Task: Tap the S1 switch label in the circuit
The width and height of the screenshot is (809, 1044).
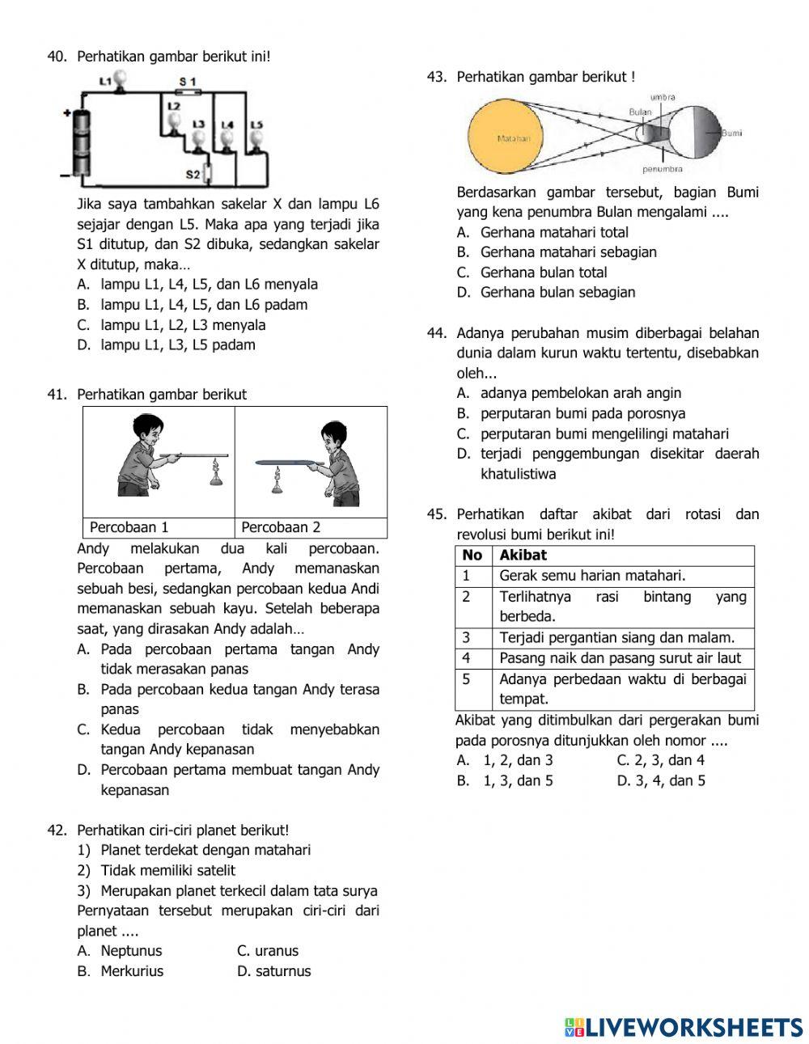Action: pos(188,81)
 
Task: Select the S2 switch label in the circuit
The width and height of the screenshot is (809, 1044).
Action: pos(193,175)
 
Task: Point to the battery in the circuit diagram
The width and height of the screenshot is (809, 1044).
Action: pos(82,143)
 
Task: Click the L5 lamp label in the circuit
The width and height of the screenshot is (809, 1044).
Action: pos(256,124)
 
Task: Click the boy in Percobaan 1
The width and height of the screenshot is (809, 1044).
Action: pos(138,454)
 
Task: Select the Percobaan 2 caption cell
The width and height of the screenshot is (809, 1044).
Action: pos(311,527)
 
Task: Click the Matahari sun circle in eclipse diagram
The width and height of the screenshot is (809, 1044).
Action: pos(514,138)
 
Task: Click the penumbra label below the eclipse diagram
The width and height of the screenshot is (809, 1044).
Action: pos(662,169)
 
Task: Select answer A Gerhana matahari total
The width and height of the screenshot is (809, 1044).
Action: pos(553,232)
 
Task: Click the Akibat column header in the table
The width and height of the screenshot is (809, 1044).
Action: pos(523,556)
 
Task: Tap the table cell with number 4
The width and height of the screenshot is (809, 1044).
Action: pos(466,658)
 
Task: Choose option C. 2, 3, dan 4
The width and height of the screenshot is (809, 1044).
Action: pos(660,760)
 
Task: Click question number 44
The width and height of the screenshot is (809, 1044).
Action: pos(436,333)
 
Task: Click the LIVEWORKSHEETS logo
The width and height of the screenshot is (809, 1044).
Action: pos(683,1027)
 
